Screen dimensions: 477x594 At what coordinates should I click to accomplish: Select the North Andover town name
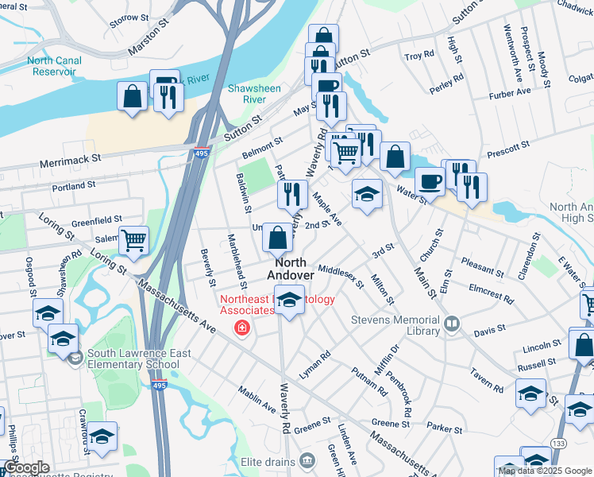click(x=290, y=268)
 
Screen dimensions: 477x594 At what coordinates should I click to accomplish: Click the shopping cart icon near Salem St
click(x=134, y=239)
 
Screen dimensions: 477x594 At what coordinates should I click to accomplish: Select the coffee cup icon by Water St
click(x=430, y=181)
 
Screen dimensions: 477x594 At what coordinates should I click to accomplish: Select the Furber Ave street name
click(x=510, y=93)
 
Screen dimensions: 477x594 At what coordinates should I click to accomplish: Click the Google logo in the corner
click(x=25, y=468)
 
